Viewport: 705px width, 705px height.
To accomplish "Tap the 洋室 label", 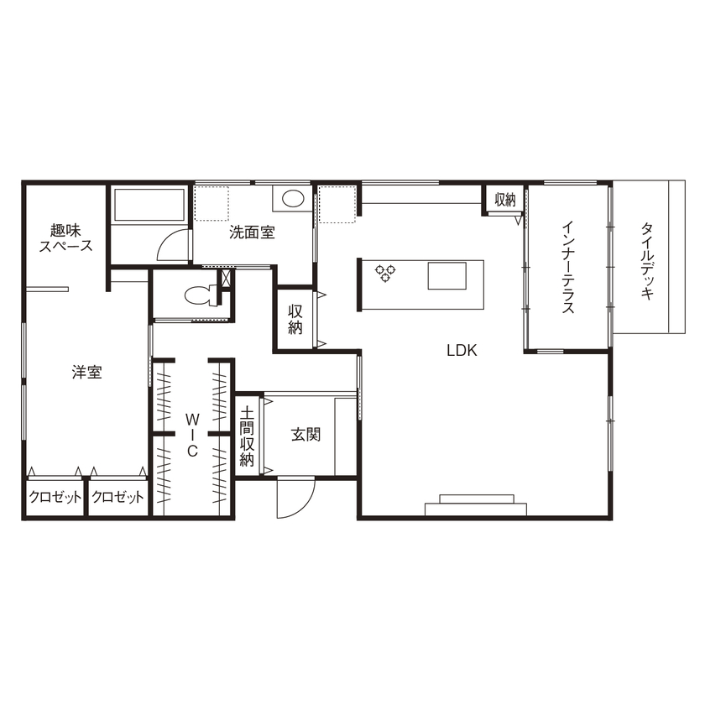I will pos(87,373).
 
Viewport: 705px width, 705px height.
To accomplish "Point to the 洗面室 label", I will pos(253,232).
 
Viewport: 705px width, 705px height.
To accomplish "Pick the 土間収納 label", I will pos(248,436).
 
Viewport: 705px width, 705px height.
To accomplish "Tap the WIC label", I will pos(191,434).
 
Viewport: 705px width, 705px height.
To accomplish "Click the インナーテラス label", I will pos(568,267).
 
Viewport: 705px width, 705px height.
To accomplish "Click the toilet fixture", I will pos(201,295).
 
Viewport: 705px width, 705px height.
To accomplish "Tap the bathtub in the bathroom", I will pos(148,206).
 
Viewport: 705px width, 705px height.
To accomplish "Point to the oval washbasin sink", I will pos(293,199).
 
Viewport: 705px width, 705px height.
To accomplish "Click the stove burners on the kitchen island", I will pos(385,273).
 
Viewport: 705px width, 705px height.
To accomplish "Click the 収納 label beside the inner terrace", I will pos(504,200).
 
